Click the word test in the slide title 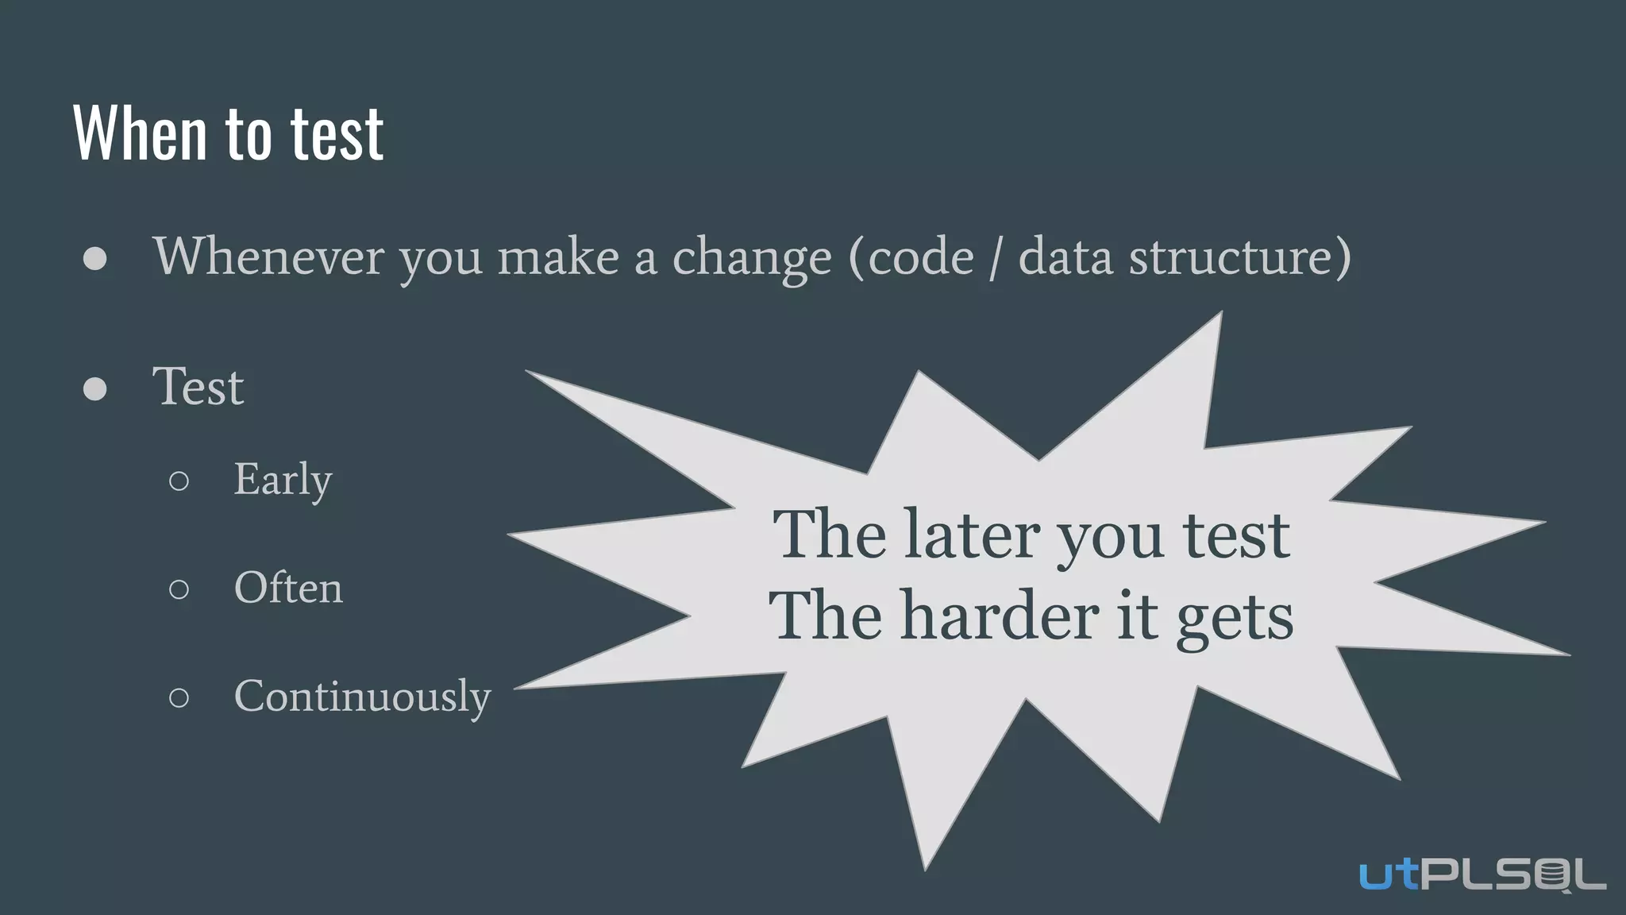coord(337,134)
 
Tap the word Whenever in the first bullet coord(268,257)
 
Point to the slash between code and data coord(996,257)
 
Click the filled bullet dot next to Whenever coord(95,259)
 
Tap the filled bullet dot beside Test coord(95,388)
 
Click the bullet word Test coord(198,387)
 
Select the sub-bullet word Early coord(283,480)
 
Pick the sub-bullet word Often coord(288,588)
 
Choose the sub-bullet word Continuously coord(362,697)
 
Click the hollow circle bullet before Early coord(179,481)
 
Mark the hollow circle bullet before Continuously coord(179,697)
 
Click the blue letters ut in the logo coord(1388,874)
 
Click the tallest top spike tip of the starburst coord(1220,314)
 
